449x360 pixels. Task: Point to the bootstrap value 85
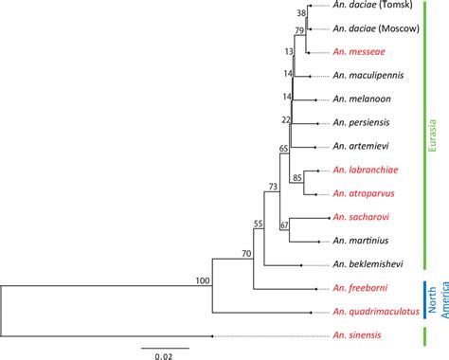[x=297, y=177]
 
